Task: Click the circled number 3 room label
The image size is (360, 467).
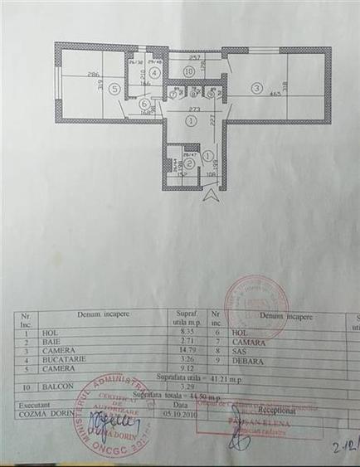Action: coord(257,86)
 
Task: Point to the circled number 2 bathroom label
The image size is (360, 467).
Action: coord(189,163)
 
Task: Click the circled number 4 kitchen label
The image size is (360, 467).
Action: coord(153,73)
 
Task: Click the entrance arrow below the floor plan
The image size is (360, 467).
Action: coord(212,196)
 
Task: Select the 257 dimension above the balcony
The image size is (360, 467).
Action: coord(196,58)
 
